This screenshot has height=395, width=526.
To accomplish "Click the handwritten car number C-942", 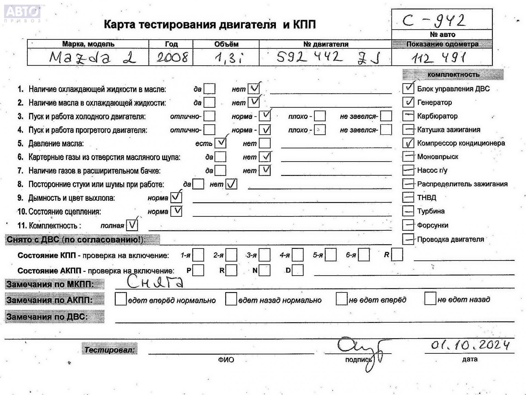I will [434, 21].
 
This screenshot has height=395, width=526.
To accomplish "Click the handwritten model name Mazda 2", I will [93, 58].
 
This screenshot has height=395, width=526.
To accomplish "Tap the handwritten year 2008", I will [172, 57].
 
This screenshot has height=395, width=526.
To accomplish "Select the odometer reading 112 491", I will [438, 58].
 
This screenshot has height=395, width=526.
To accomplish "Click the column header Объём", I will [226, 44].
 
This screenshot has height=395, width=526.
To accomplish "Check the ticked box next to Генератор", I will [408, 102].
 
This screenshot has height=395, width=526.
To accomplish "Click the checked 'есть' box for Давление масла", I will [220, 143].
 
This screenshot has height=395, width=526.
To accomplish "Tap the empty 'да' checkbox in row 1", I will [210, 89].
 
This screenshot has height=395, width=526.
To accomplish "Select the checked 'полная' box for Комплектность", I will [132, 225].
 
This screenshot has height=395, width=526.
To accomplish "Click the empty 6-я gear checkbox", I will [364, 255].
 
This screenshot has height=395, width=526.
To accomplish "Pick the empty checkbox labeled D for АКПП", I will [298, 270].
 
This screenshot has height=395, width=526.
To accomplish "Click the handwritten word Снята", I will [155, 282].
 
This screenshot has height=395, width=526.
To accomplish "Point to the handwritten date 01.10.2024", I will [470, 345].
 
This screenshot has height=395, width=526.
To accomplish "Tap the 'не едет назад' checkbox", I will [430, 299].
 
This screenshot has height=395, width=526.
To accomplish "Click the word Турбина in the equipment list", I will [431, 211].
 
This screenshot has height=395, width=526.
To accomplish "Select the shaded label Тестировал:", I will [110, 350].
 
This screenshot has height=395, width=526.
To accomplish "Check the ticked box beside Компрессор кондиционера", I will [408, 143].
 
